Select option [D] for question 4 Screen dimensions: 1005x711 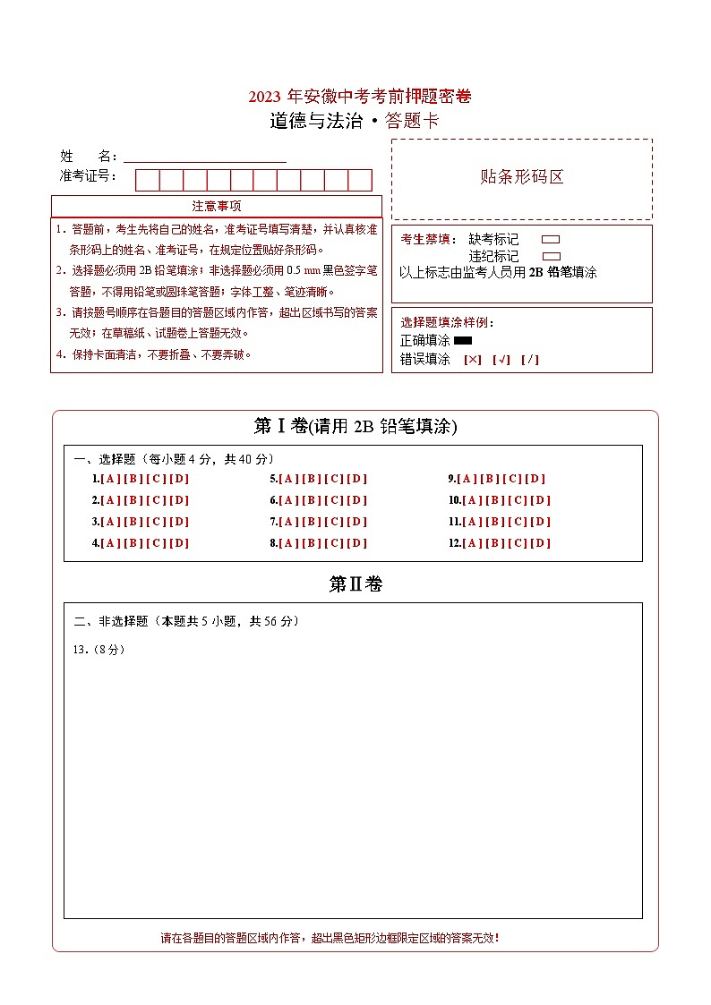(179, 543)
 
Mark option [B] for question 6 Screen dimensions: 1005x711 (312, 500)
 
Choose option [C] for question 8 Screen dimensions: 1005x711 (334, 543)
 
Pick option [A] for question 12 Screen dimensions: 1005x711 (473, 543)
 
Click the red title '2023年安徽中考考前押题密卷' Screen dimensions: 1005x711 (360, 97)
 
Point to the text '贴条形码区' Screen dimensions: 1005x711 (522, 176)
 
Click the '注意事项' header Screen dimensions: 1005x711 (217, 207)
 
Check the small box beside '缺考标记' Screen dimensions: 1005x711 (551, 240)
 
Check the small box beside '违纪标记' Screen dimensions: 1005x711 (551, 256)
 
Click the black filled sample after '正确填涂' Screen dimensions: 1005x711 (463, 341)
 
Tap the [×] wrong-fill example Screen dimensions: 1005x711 (472, 360)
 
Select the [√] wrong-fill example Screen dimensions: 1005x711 (501, 360)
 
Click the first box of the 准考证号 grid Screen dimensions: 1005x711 (147, 180)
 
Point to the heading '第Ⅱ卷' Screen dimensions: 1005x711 (355, 584)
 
